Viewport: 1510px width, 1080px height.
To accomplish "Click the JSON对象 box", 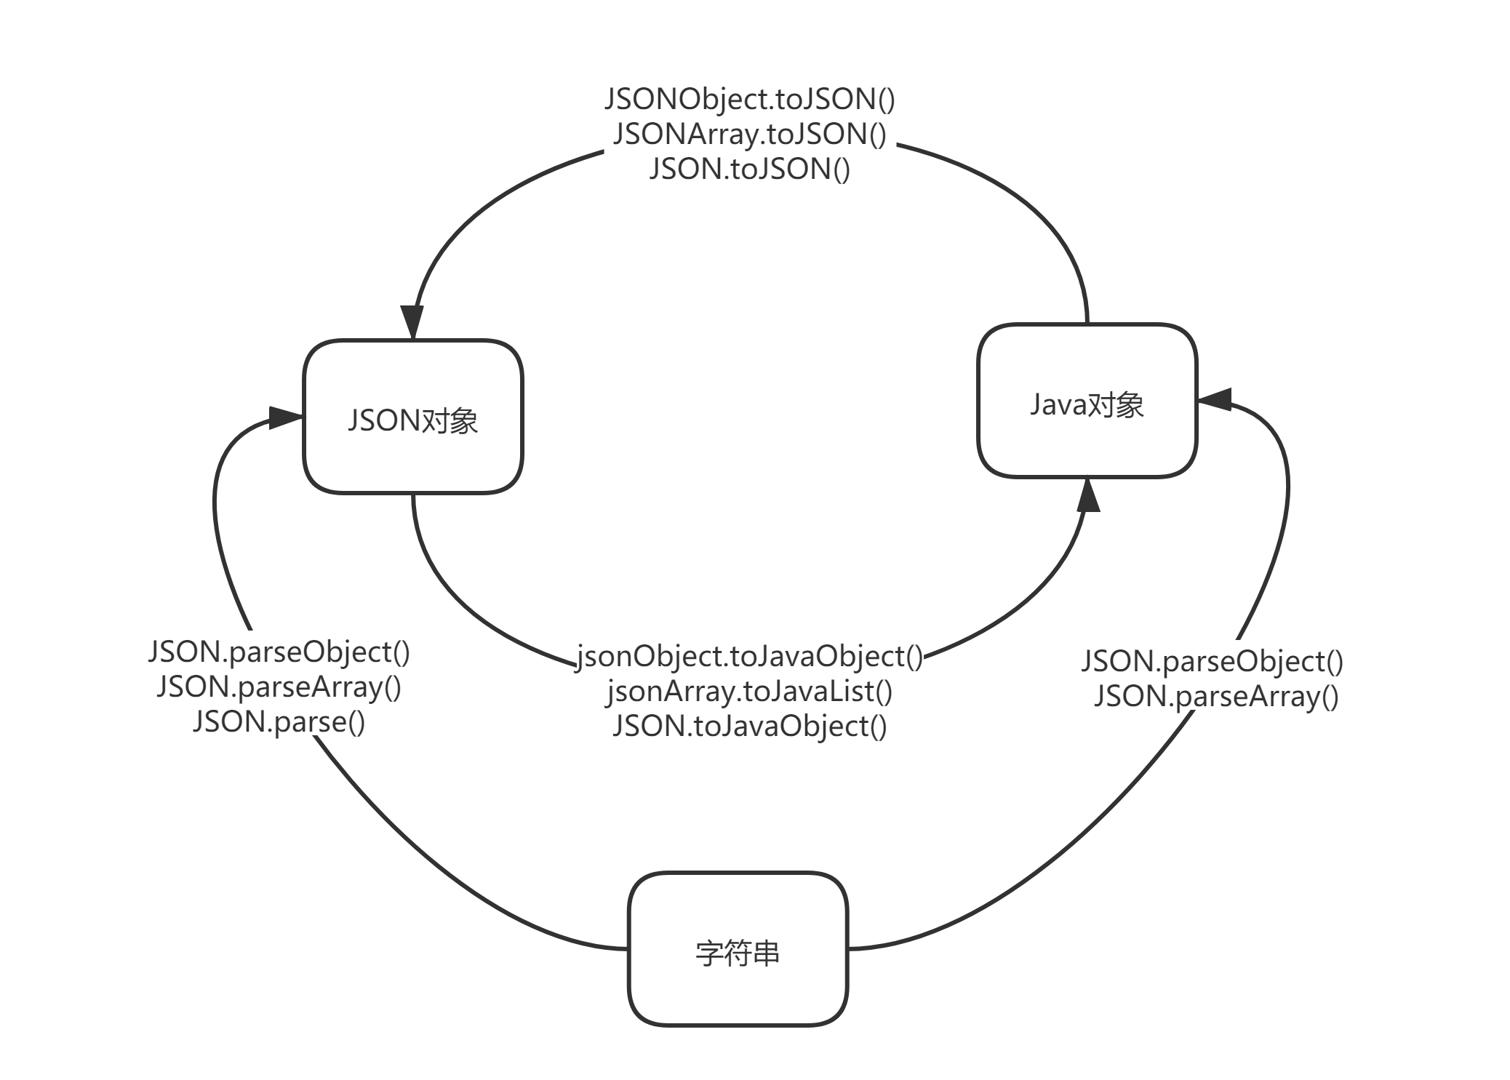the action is [413, 417].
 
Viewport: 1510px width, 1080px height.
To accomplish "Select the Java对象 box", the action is [1087, 401].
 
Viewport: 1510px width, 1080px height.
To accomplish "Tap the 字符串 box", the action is [738, 949].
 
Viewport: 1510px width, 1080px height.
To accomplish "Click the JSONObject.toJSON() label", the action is [750, 100].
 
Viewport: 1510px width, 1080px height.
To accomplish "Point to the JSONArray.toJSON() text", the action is [750, 135].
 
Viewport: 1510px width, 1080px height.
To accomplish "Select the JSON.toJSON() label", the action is [750, 169].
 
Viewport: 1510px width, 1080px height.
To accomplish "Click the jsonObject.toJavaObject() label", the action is [750, 657].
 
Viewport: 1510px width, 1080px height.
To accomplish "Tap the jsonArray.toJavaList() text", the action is [750, 692].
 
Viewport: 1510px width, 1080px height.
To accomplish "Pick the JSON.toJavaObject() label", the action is [750, 726].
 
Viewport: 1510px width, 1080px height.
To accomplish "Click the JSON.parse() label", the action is [279, 721].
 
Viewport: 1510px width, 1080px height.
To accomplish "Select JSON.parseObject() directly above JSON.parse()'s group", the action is [279, 652].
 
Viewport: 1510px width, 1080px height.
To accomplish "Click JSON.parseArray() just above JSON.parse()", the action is [279, 687].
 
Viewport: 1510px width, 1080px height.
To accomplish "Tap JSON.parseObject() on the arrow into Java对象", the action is [1213, 662].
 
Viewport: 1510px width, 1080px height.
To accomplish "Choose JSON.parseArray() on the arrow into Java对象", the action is [1217, 697].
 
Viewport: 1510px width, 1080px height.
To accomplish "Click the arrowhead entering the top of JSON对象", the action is [412, 322].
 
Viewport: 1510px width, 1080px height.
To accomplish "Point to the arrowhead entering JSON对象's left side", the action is [286, 417].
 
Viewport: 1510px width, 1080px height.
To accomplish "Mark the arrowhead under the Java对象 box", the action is [1087, 495].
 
